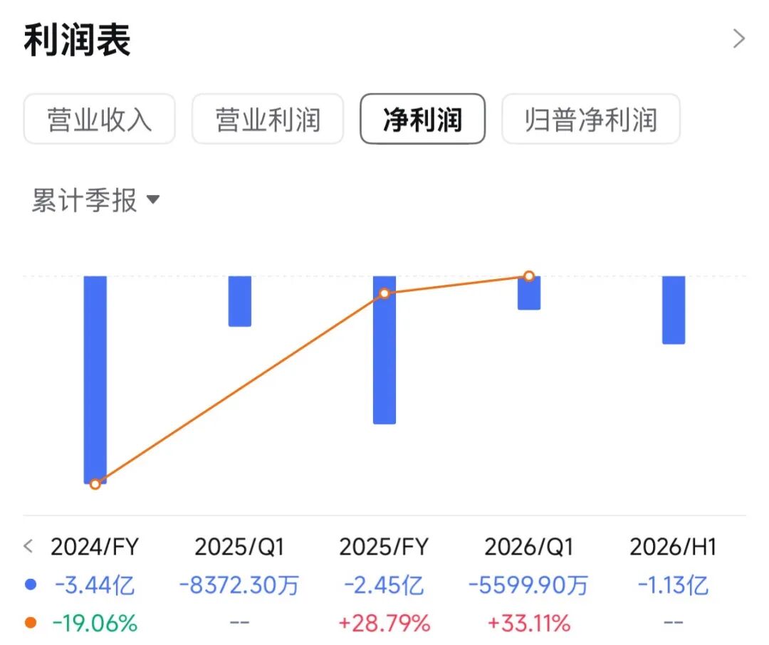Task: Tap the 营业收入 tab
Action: [99, 119]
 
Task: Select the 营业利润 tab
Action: [268, 119]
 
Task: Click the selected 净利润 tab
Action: [422, 119]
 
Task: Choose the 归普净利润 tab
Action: [591, 119]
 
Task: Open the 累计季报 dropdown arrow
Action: [153, 199]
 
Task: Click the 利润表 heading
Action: [77, 40]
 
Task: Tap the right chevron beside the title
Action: [738, 38]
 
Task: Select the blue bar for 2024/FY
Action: [95, 380]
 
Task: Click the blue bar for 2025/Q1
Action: [240, 301]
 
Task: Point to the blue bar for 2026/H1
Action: [674, 310]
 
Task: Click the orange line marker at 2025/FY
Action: [384, 293]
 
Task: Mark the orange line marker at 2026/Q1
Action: [528, 276]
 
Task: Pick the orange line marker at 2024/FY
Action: [95, 484]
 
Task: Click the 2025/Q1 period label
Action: [239, 547]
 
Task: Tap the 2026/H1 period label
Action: [674, 547]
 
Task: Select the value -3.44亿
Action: [95, 585]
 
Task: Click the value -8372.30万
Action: [239, 585]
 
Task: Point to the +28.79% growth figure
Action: [384, 624]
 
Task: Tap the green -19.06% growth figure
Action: [95, 624]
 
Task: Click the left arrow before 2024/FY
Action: [28, 546]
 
